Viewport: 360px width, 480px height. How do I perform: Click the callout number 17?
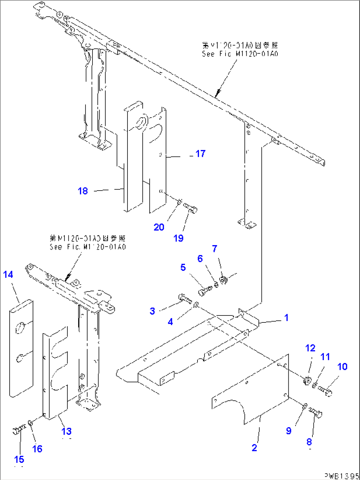(200, 154)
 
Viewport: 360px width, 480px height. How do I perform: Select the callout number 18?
(83, 191)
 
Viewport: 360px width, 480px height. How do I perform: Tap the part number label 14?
(8, 275)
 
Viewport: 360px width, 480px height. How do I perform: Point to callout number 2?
(254, 448)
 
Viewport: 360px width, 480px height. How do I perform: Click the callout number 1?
(286, 318)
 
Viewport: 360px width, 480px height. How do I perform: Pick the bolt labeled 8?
(315, 413)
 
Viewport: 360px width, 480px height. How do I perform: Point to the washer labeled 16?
(30, 423)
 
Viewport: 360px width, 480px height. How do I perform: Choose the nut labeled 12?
(307, 381)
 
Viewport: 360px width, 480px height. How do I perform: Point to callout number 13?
(66, 431)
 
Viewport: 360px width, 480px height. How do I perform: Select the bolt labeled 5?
(204, 291)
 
